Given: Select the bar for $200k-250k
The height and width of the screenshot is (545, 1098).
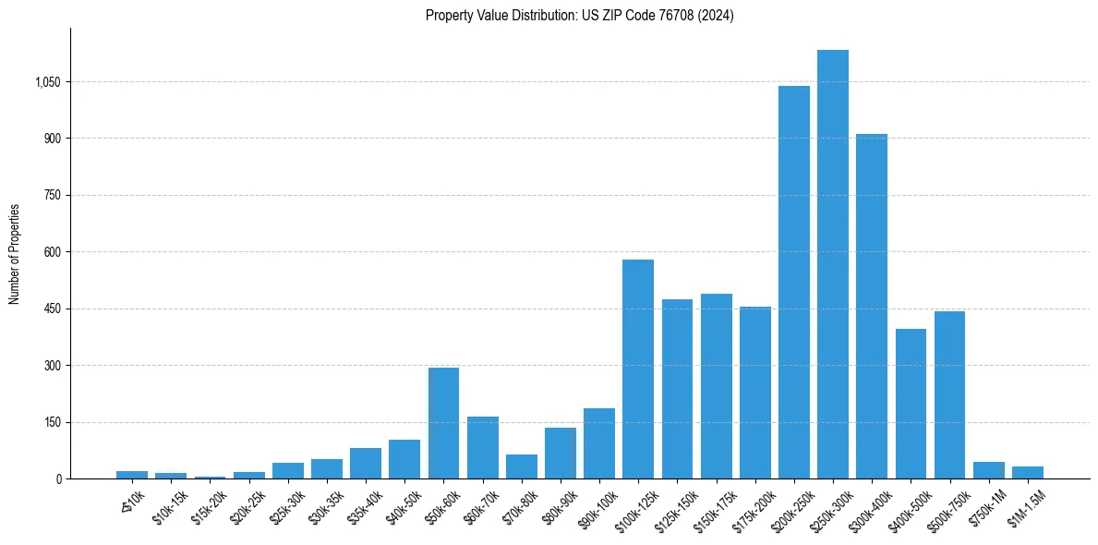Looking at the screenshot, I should point(793,282).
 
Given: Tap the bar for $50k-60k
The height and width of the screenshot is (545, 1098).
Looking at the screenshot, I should point(443,423).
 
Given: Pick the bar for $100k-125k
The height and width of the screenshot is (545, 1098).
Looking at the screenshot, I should point(638,369).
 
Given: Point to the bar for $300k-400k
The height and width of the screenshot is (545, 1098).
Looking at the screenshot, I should point(872,306).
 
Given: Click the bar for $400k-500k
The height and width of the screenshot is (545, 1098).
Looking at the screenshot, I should point(911,404).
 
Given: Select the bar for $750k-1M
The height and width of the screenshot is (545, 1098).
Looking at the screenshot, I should point(988,470).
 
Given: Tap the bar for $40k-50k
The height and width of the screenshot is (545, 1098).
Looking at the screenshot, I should point(404,459).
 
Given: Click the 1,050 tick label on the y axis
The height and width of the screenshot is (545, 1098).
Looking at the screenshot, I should point(47,82).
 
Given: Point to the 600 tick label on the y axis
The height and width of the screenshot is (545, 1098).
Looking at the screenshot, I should point(53,252).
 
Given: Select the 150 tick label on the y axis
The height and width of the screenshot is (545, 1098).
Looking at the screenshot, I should point(53,422).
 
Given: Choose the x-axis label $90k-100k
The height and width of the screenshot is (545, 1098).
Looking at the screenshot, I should point(596,508).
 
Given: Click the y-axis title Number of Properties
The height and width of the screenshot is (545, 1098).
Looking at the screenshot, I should point(15,253).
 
